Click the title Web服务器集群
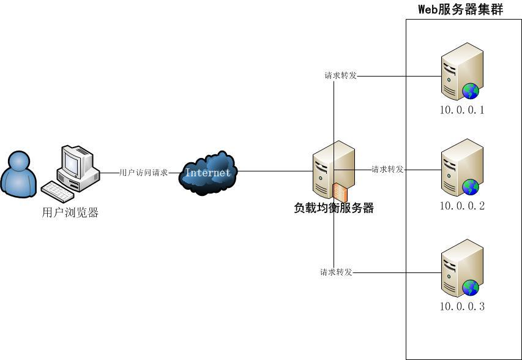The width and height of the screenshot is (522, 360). pos(460,9)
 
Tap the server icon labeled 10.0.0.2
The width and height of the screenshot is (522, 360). pos(460,166)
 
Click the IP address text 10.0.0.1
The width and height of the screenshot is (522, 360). pos(462,111)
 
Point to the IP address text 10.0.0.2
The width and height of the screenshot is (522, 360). pos(462,206)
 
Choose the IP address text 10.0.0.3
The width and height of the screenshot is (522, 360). pos(462,307)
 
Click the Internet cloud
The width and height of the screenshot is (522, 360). pos(208,172)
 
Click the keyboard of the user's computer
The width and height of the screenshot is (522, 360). pos(61,191)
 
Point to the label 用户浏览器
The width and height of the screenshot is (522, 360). pos(70,213)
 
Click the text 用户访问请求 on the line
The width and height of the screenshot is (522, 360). pos(143,173)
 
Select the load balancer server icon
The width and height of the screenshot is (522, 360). pos(330,168)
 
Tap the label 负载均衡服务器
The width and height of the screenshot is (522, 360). pos(334,208)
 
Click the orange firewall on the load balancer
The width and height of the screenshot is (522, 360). pos(340,192)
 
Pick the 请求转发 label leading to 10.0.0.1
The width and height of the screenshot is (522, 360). pos(340,76)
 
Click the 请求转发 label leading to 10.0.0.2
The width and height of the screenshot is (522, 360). pos(387,170)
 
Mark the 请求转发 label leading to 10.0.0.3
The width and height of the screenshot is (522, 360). pos(336,272)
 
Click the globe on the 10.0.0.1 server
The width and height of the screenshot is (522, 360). pos(471,91)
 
